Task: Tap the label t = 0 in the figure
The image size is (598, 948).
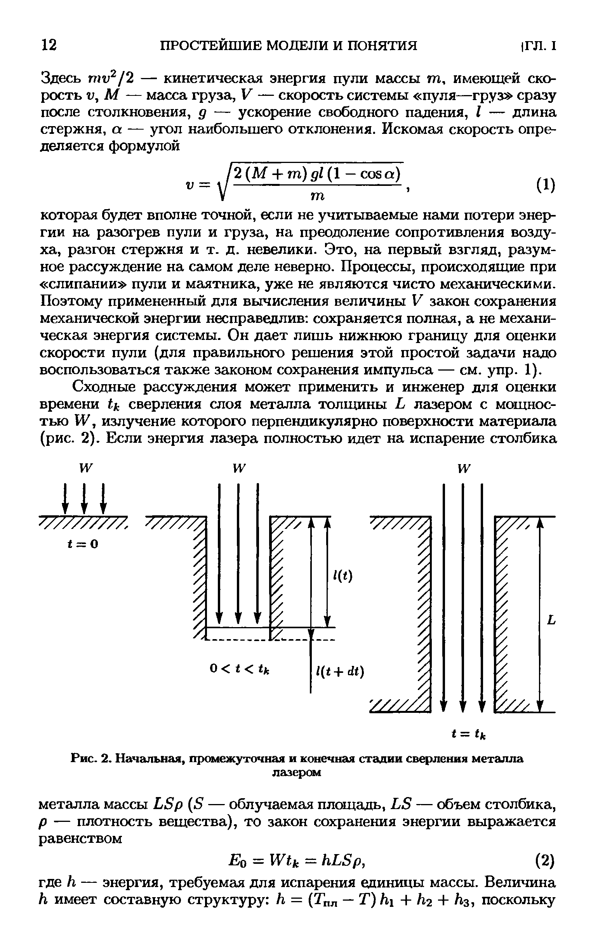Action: click(x=83, y=544)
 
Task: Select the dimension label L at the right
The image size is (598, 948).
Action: click(x=551, y=621)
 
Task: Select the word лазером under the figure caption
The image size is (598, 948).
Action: click(x=297, y=773)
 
